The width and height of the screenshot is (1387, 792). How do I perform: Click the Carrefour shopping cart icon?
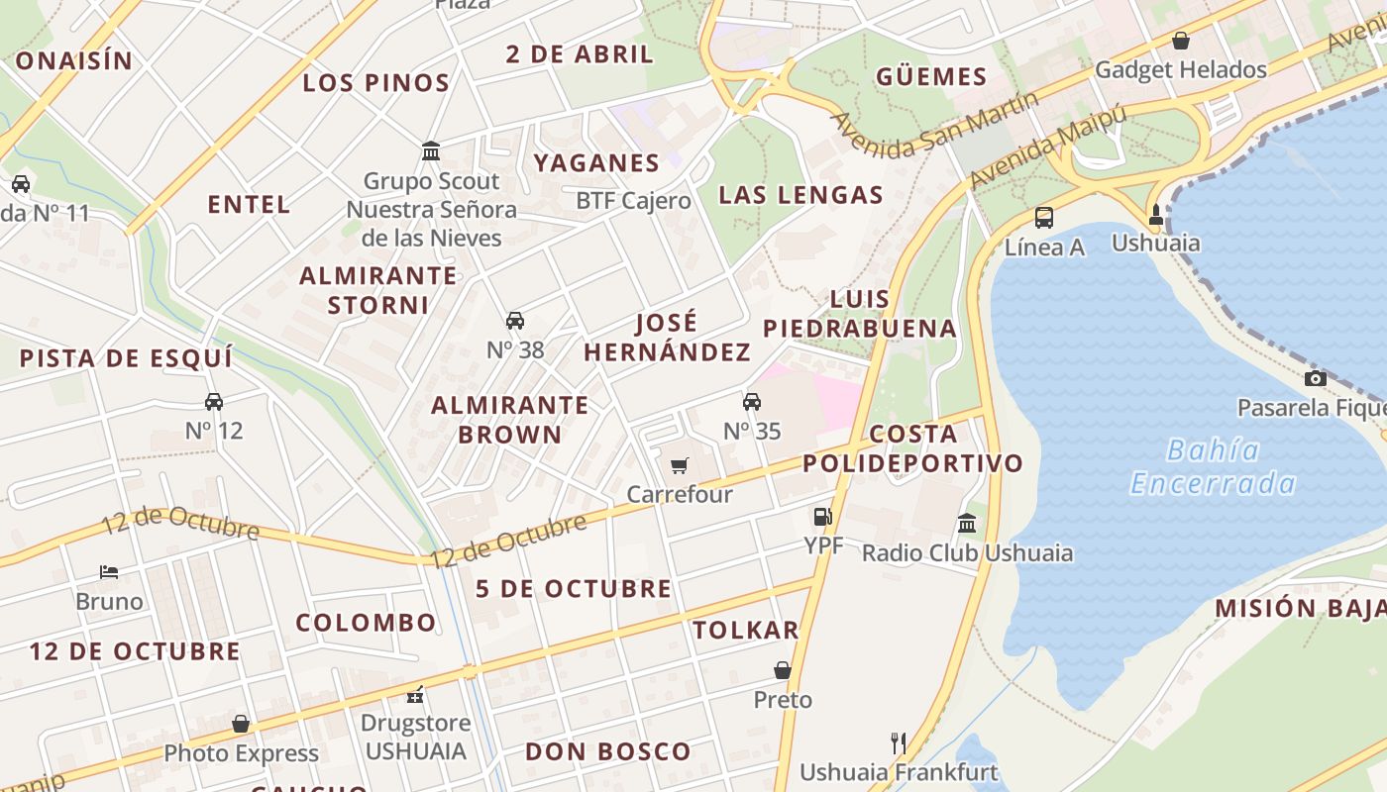click(679, 465)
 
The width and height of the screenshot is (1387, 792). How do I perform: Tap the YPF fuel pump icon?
click(822, 516)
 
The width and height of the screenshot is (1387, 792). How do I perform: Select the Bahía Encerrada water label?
click(1214, 466)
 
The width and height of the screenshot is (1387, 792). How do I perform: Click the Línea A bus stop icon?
click(1043, 218)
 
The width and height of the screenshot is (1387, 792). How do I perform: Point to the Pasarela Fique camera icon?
click(1315, 378)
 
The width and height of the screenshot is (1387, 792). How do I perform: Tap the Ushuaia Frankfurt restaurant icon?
click(899, 742)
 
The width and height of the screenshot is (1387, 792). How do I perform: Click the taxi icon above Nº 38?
click(515, 321)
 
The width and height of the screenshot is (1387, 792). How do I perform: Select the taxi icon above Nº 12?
click(214, 402)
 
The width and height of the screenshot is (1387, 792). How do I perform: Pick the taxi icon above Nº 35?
click(752, 402)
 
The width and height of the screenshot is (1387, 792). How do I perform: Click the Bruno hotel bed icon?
click(109, 572)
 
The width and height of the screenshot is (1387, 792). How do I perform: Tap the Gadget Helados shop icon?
click(1180, 41)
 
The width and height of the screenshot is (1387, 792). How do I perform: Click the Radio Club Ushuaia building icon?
click(967, 523)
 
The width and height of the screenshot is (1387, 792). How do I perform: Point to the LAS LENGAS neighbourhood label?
click(800, 195)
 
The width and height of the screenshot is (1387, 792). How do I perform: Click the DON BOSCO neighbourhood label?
click(607, 751)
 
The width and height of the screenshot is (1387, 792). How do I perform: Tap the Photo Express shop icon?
click(241, 724)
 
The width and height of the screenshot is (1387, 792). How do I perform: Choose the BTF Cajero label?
click(633, 201)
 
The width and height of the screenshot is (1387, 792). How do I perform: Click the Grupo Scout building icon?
click(431, 151)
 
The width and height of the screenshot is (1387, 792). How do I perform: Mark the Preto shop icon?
click(783, 670)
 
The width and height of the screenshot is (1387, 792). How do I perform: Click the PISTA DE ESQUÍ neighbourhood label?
click(126, 358)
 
